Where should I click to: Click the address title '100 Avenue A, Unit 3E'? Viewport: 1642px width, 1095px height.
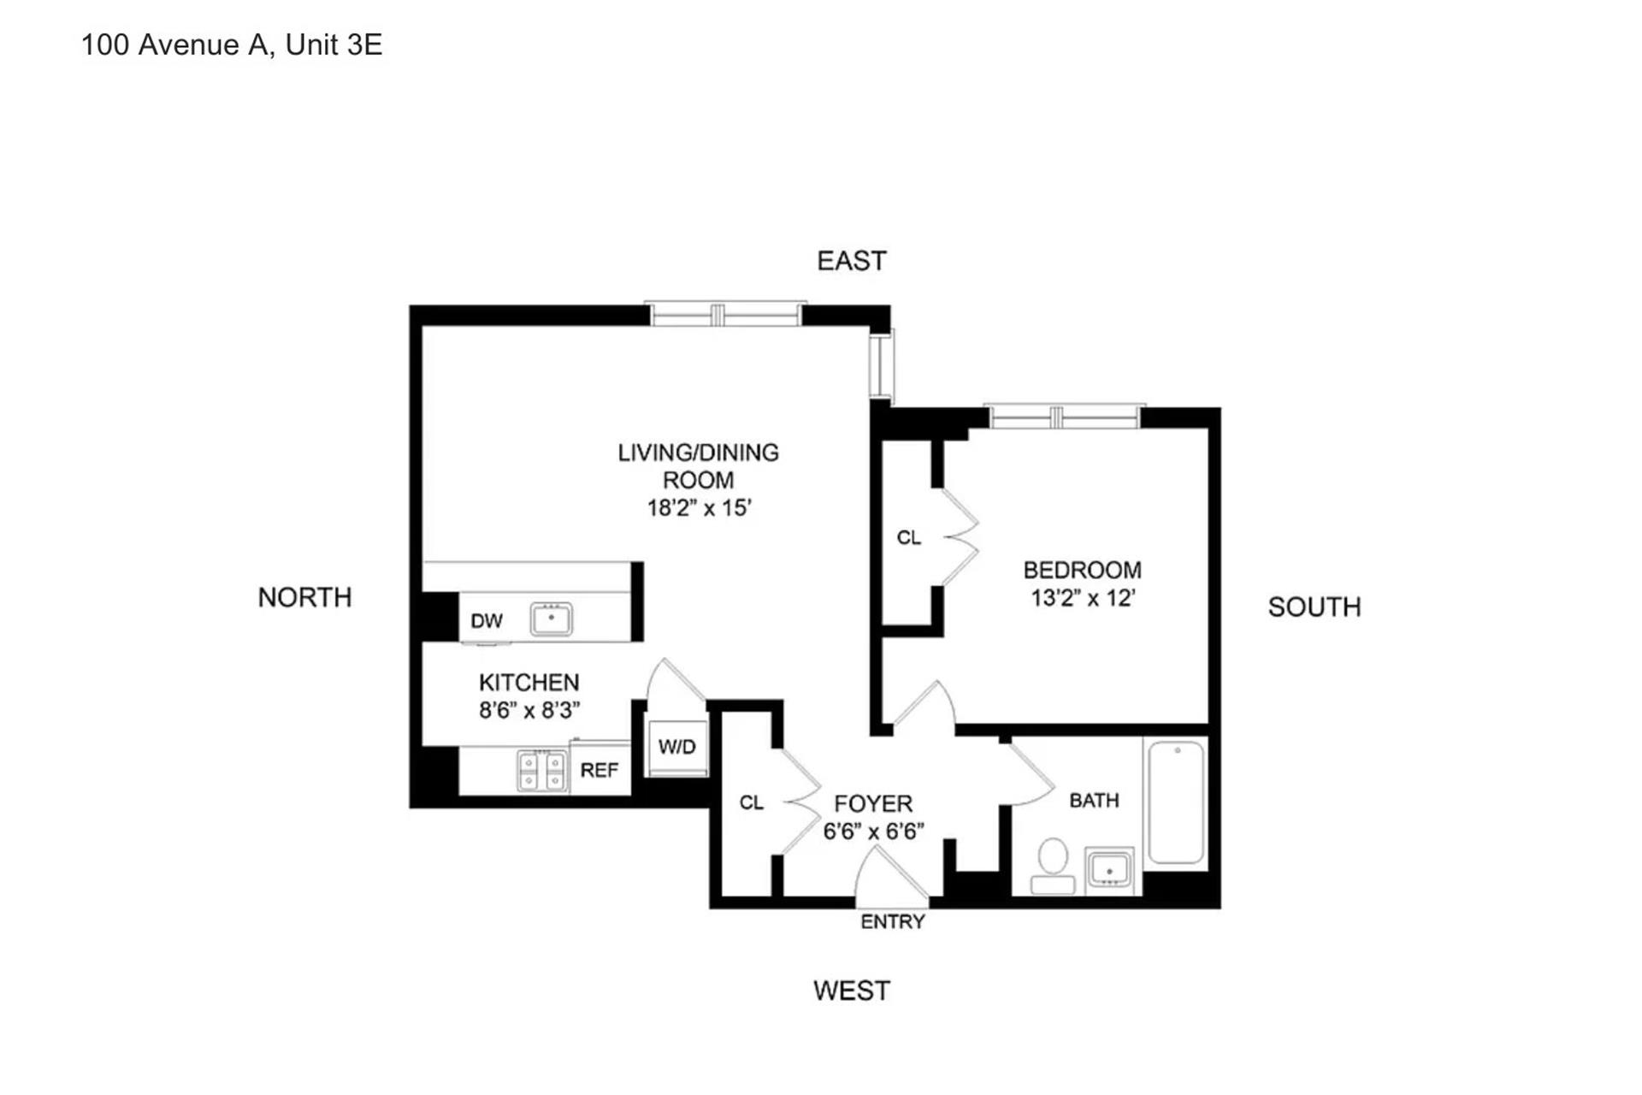coord(232,44)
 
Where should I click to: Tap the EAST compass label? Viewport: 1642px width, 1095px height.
coord(852,261)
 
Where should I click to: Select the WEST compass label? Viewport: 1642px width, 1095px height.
coord(852,991)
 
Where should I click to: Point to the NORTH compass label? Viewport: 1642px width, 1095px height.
coord(305,597)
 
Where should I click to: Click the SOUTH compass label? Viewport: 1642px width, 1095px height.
coord(1314,607)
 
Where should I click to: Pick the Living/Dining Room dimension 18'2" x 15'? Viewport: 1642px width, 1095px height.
coord(699,508)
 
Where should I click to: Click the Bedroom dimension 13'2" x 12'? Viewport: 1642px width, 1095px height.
coord(1083,598)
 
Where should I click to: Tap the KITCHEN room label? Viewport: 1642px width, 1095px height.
coord(529,683)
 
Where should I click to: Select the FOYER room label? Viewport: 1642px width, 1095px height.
coord(873,804)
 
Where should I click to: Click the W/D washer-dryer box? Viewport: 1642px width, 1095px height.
coord(677,748)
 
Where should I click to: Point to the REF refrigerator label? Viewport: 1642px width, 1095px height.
coord(599,771)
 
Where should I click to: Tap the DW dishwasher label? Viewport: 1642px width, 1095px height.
coord(487,621)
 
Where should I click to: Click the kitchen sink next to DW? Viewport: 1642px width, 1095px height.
coord(552,619)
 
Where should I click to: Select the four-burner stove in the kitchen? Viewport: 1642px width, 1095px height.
coord(542,771)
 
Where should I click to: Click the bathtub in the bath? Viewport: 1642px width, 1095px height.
coord(1177,802)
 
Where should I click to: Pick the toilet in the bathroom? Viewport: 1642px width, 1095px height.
coord(1053,866)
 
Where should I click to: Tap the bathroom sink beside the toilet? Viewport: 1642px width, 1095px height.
coord(1110,871)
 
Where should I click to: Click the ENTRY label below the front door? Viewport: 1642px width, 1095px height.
coord(893,922)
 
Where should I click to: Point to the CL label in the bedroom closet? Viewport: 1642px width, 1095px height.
coord(909,538)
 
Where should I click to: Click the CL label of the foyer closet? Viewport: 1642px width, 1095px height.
coord(752,803)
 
